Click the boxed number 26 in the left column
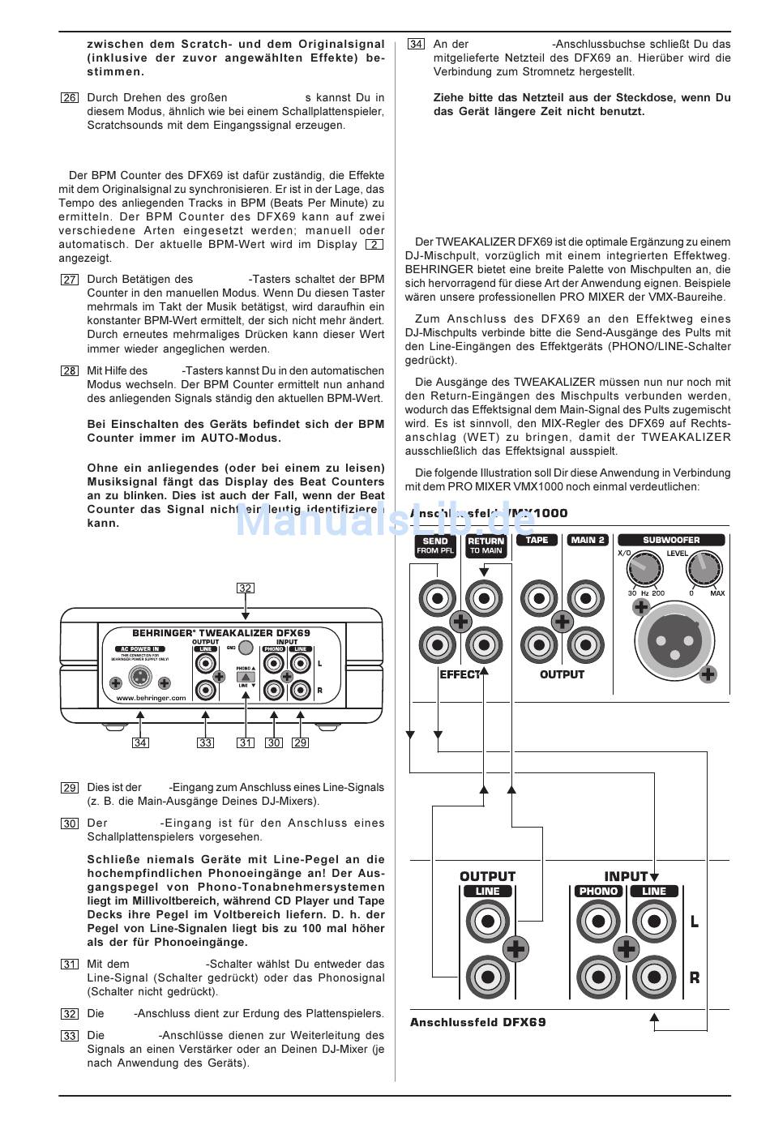[x=70, y=98]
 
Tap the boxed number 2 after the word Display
[x=374, y=245]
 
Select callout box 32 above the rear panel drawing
[x=246, y=588]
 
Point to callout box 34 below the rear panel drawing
[x=141, y=742]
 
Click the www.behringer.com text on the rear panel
[x=151, y=697]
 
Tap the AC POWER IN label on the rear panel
[x=142, y=648]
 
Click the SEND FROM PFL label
[x=436, y=545]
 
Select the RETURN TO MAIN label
[x=486, y=545]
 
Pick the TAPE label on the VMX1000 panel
[x=537, y=540]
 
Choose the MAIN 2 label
[x=588, y=540]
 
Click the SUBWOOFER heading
[x=671, y=540]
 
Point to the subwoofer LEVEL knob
[x=702, y=571]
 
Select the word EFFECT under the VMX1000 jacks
[x=460, y=674]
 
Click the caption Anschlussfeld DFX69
[x=477, y=1022]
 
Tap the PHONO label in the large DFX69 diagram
[x=598, y=892]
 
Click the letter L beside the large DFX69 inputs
[x=695, y=922]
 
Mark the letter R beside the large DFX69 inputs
[x=695, y=977]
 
